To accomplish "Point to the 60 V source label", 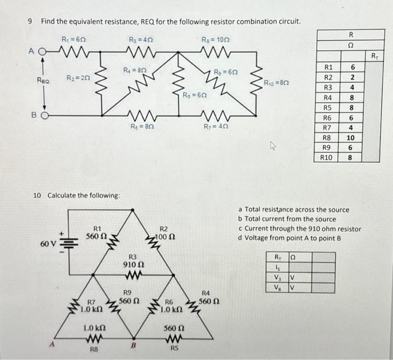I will tap(47, 245).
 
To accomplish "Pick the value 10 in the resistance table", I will tap(351, 137).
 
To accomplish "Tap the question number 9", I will tap(29, 21).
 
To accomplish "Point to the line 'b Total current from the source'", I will tap(287, 219).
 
